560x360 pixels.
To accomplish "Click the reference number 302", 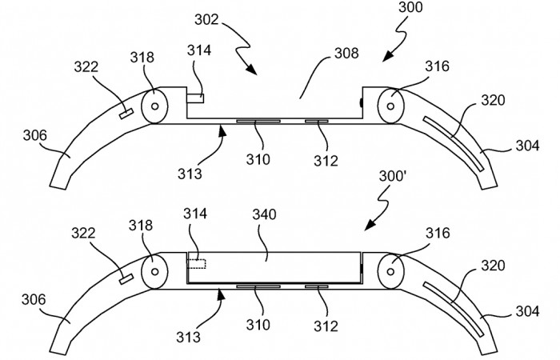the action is (206, 20).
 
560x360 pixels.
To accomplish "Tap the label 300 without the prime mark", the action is (410, 6).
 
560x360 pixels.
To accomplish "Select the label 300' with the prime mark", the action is (393, 176).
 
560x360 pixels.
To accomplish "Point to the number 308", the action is (346, 54).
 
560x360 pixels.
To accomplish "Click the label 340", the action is (264, 214).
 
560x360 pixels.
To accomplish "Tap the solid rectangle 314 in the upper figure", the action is (195, 98).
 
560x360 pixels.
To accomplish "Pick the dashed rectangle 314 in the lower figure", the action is (197, 264).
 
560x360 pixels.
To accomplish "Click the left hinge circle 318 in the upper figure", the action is (154, 106).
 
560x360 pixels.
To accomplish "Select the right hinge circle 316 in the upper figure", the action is (390, 106).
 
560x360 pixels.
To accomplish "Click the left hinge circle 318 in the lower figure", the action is (154, 272).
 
